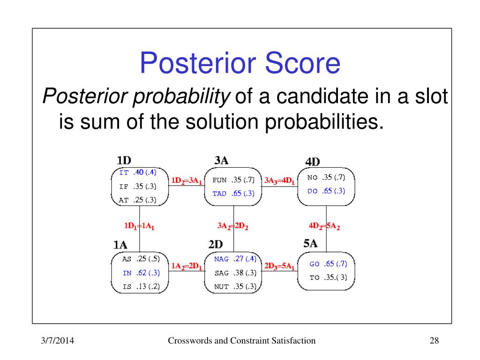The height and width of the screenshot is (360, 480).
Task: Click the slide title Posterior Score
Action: click(240, 63)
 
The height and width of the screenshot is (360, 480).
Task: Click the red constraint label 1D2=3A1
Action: click(187, 181)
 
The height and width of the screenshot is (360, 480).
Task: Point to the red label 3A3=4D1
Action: click(279, 181)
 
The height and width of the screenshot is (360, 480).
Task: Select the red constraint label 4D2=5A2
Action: click(324, 226)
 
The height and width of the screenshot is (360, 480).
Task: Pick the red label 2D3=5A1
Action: click(279, 266)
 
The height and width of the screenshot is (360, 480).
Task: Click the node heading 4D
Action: click(313, 162)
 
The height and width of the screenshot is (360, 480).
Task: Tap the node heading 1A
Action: click(120, 245)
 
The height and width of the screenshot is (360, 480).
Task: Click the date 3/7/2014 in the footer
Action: click(58, 340)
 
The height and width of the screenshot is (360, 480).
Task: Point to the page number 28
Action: click(435, 340)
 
